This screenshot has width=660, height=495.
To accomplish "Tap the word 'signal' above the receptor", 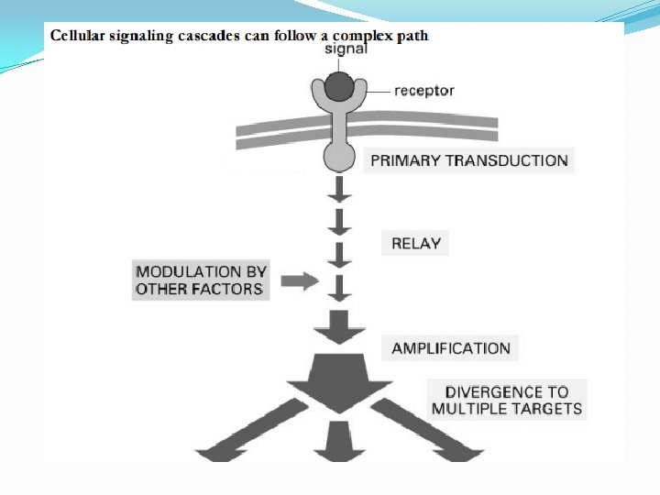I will point(346,48).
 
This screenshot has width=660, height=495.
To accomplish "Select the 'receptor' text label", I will point(423,90).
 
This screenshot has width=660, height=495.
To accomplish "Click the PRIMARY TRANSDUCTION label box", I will point(468,160).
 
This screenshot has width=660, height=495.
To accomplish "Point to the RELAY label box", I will point(416,244).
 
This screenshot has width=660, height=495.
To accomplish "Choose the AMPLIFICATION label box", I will point(450,348).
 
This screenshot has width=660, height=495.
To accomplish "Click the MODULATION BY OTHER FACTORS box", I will point(200,280).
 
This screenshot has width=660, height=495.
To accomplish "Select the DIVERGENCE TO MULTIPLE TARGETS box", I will point(507,400).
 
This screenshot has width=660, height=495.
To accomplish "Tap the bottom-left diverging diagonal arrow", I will point(262,431).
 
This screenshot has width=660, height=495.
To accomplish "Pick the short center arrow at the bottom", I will point(339,443).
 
